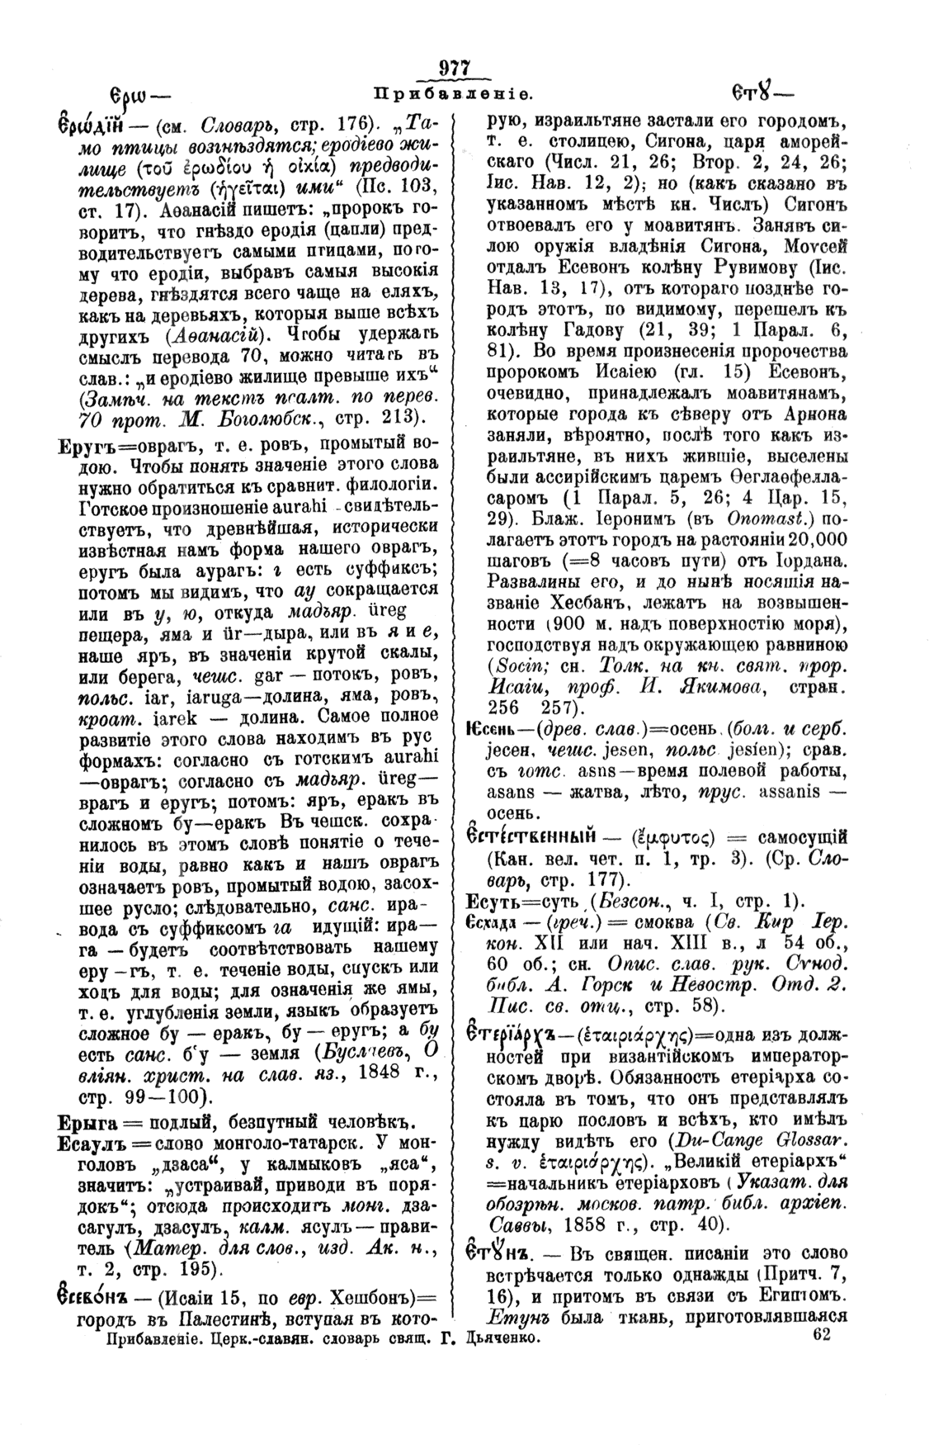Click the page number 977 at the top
coord(454,69)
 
